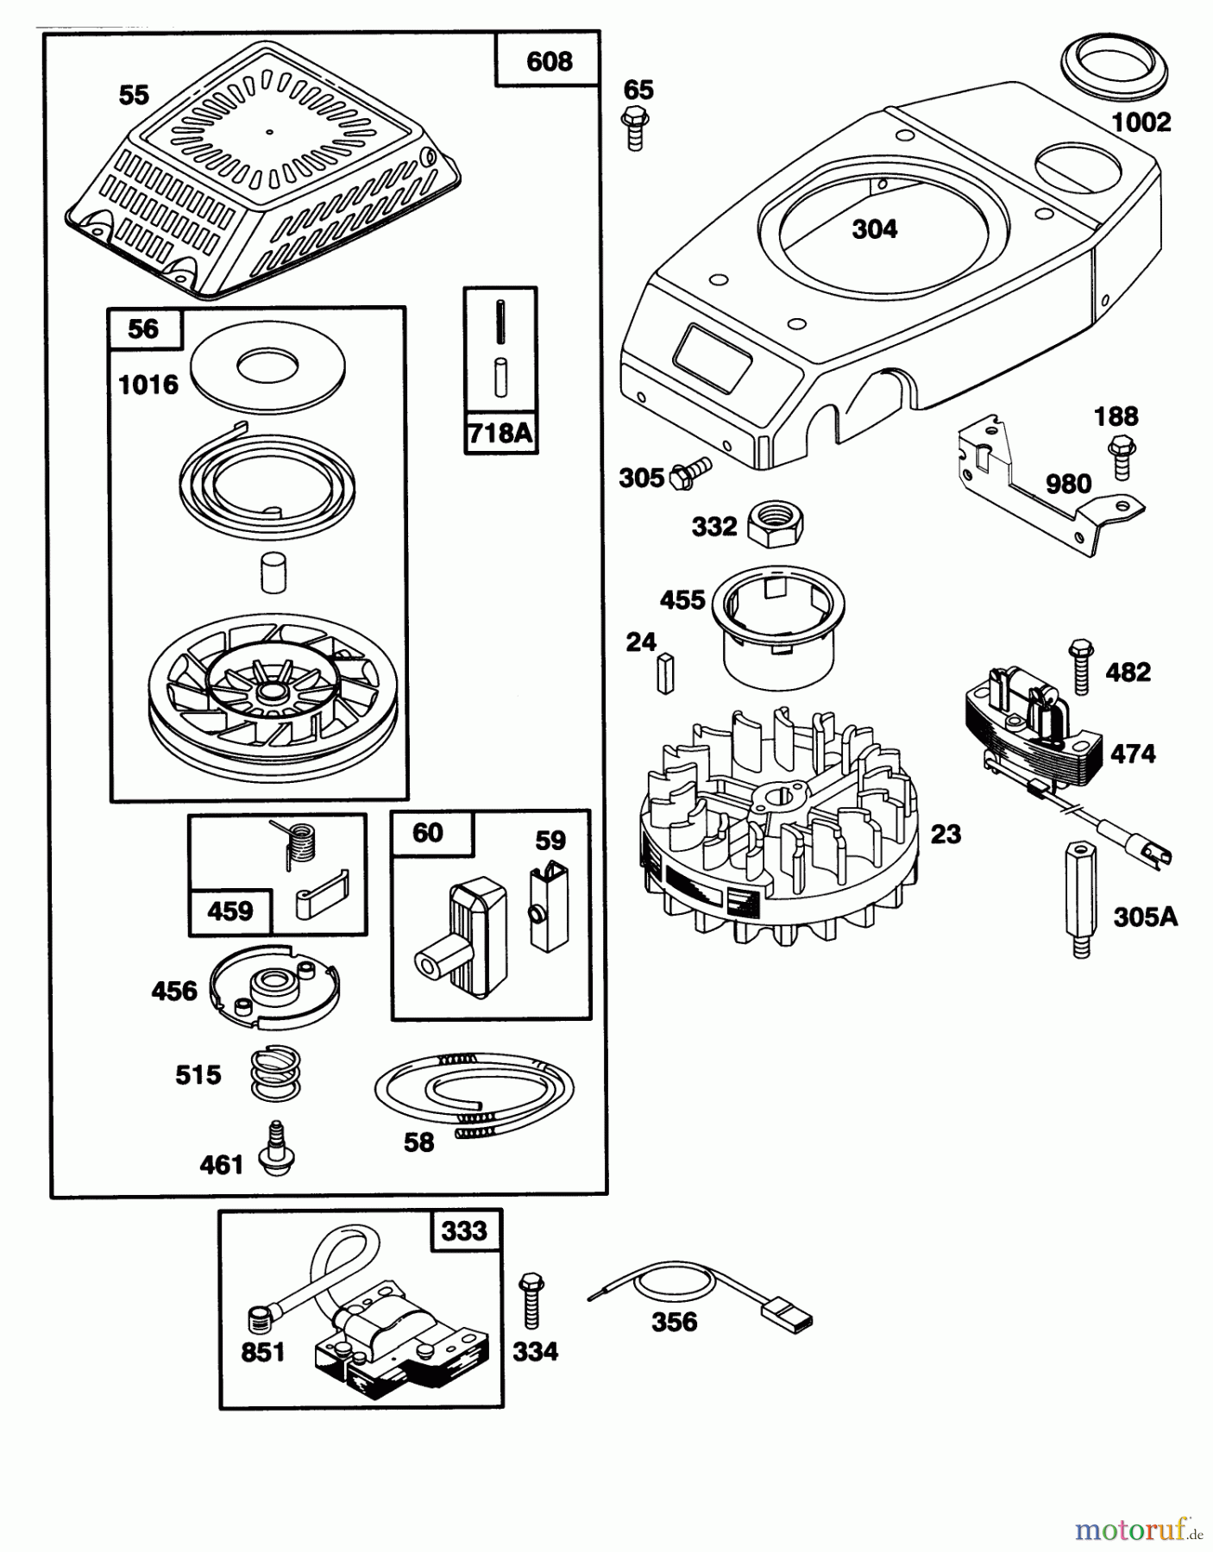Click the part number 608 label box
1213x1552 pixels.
pyautogui.click(x=548, y=60)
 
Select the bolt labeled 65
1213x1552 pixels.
pyautogui.click(x=635, y=128)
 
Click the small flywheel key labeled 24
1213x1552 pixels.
pyautogui.click(x=665, y=673)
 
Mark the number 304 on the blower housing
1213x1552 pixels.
pyautogui.click(x=874, y=229)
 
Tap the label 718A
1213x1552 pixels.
pyautogui.click(x=500, y=433)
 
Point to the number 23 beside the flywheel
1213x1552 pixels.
pyautogui.click(x=946, y=834)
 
